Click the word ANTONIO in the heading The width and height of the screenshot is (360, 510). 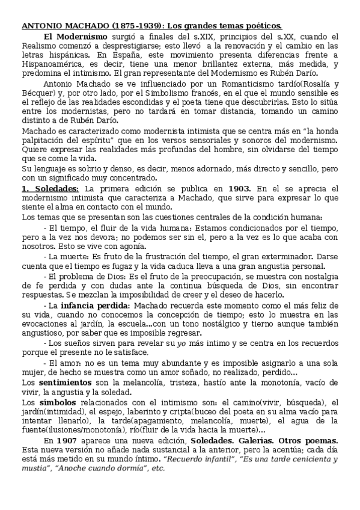coord(40,26)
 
